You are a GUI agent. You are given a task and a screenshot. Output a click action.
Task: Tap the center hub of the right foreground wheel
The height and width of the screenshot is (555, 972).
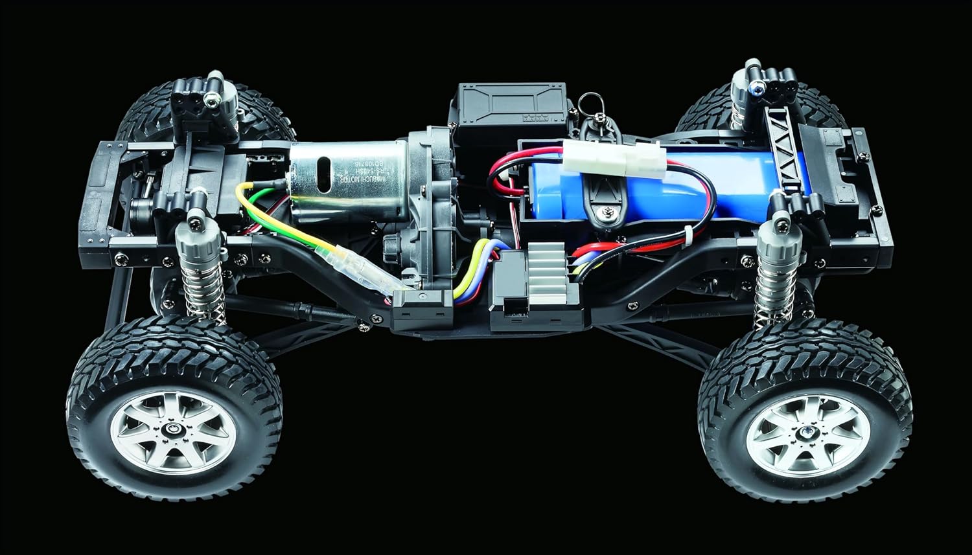pyautogui.click(x=807, y=433)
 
